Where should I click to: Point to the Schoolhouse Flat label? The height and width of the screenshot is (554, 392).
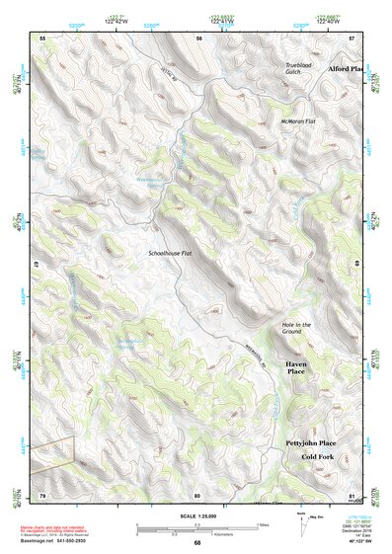pyautogui.click(x=170, y=254)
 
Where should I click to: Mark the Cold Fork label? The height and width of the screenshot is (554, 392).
pyautogui.click(x=318, y=458)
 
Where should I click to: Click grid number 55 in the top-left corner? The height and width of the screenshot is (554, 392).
pyautogui.click(x=42, y=37)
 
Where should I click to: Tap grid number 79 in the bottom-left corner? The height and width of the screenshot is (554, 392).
pyautogui.click(x=42, y=494)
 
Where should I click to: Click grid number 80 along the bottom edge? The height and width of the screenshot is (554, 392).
pyautogui.click(x=197, y=494)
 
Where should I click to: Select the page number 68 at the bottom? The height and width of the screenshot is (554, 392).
pyautogui.click(x=196, y=542)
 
